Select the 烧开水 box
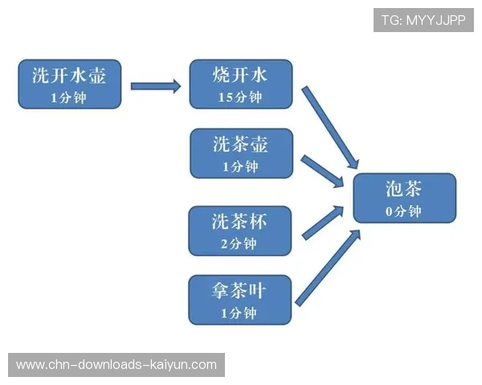[x=240, y=83]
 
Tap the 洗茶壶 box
[x=241, y=153]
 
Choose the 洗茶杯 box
[x=239, y=230]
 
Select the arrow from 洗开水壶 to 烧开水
[x=156, y=85]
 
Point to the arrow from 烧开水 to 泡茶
[x=329, y=125]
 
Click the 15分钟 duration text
[x=240, y=97]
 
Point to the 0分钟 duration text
[x=403, y=211]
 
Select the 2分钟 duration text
[x=239, y=243]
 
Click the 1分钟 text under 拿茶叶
[x=239, y=313]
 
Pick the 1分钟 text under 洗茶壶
[x=240, y=167]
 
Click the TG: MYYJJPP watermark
[x=423, y=19]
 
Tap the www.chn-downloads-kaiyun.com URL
[x=116, y=365]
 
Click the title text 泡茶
[x=403, y=189]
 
